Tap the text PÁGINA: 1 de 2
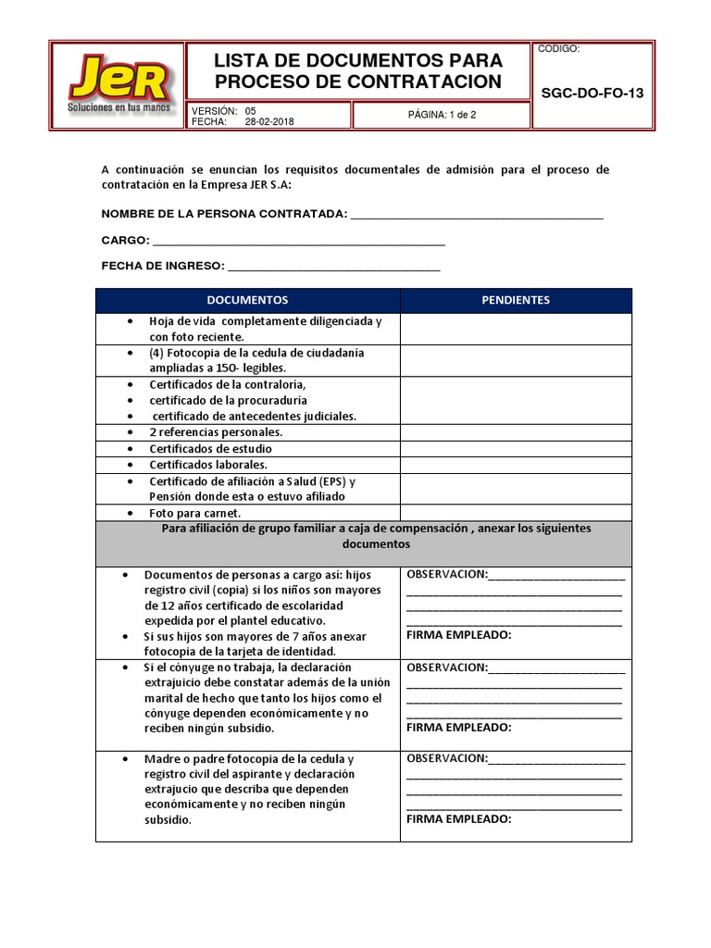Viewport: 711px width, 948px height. coord(442,115)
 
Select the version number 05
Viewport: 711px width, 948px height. coord(250,110)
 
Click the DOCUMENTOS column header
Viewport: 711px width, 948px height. coord(247,300)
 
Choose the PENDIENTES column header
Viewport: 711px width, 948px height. coord(516,300)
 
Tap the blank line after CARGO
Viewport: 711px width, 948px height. coord(298,241)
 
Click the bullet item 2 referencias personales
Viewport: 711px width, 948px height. coord(216,432)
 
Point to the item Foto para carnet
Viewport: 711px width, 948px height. coord(195,512)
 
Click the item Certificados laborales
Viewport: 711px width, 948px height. coord(208,465)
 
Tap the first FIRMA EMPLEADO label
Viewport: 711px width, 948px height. coord(459,635)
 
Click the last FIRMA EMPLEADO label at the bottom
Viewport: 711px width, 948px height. coord(459,819)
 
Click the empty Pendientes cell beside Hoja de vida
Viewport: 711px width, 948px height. coord(516,329)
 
